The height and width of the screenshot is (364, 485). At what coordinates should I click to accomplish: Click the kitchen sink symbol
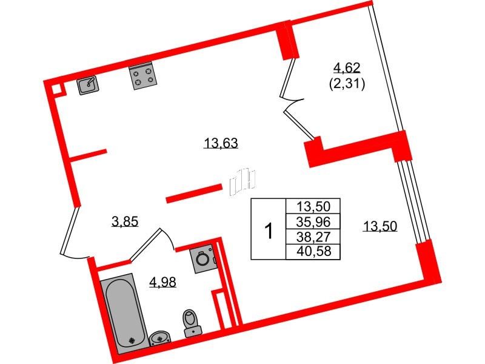88,85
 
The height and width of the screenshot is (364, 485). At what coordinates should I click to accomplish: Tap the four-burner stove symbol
143,76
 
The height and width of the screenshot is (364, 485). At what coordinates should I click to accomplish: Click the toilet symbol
192,323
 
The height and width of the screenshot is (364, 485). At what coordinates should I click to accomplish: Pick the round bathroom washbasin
159,338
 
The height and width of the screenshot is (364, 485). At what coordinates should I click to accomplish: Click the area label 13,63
221,143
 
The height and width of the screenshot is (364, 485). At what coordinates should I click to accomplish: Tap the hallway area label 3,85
125,221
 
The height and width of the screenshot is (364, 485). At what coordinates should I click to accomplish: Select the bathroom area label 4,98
162,282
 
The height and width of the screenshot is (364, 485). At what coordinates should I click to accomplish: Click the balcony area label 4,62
347,67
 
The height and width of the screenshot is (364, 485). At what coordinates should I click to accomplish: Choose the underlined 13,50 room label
380,226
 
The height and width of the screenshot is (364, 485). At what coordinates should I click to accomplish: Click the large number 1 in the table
269,231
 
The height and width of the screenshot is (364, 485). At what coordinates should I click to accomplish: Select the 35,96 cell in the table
313,221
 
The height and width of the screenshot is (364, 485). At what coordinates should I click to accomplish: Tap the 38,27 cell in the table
313,237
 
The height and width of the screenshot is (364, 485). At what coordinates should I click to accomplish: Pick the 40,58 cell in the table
313,252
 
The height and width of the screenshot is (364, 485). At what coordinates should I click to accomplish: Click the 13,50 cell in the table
313,206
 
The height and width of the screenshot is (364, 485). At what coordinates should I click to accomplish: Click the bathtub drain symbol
132,340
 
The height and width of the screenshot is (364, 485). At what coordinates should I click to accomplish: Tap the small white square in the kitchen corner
57,89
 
